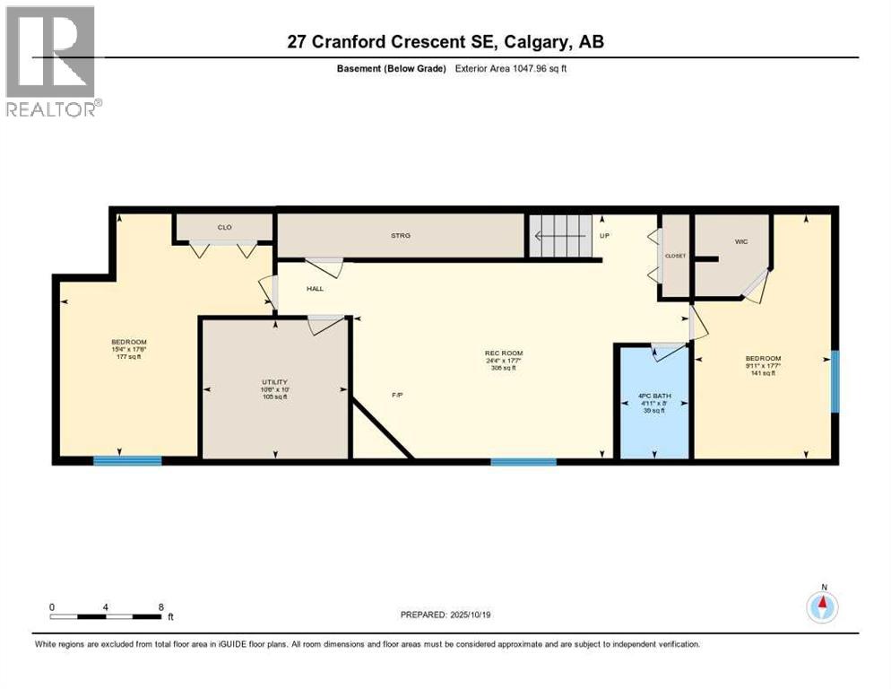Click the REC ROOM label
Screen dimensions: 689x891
coord(503,353)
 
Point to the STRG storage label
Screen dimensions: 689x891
coord(400,236)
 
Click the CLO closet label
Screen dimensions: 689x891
coord(224,227)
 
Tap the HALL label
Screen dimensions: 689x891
coord(315,289)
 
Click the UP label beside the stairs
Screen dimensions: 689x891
coord(604,237)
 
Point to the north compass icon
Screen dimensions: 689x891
coord(821,607)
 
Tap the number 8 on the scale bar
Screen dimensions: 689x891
coord(160,606)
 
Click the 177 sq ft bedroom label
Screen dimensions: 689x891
coord(128,349)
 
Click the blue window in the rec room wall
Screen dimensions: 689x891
coord(523,461)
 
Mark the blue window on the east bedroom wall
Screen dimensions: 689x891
coord(834,381)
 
